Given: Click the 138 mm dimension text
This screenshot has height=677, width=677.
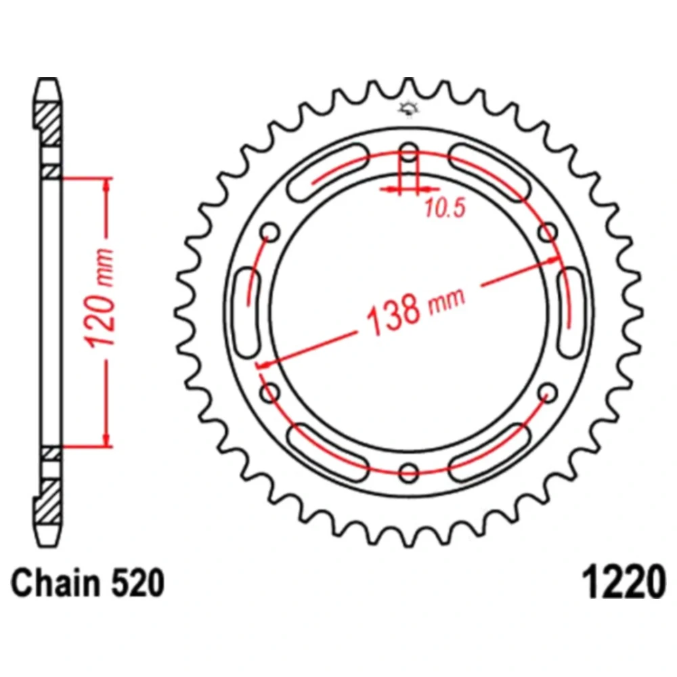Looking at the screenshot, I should [414, 307].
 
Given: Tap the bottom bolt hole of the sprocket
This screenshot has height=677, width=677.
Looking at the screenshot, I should [409, 472].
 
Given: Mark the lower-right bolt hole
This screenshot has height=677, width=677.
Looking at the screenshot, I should [548, 392].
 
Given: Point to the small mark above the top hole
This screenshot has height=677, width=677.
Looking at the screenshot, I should [408, 108].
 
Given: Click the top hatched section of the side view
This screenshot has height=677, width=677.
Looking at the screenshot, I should [49, 123].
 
